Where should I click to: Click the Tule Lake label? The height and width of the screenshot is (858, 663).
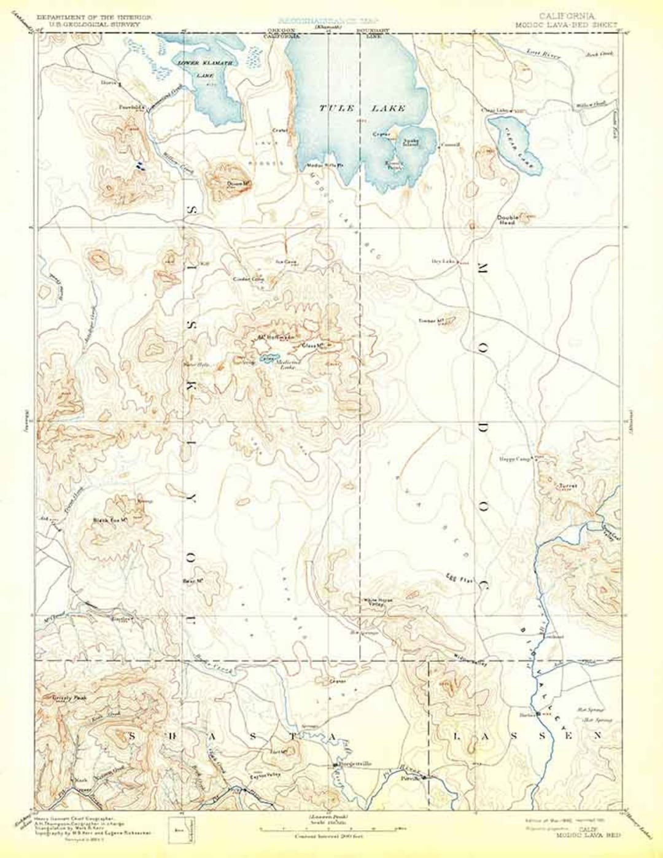[x=362, y=108]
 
